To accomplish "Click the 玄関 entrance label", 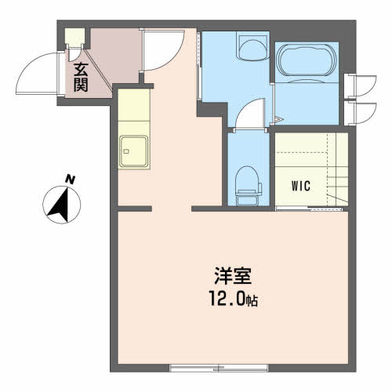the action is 81,78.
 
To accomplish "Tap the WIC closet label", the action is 301,186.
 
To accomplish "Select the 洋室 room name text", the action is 233,276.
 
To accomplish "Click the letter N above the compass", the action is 70,180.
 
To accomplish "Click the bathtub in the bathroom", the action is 307,60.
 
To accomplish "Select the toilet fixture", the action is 248,186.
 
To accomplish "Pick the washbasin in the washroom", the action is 252,49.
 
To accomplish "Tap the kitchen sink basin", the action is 134,151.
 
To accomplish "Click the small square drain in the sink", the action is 126,151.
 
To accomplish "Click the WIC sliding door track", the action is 309,209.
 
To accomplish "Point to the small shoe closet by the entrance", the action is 74,36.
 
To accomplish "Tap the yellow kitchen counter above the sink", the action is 134,105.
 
